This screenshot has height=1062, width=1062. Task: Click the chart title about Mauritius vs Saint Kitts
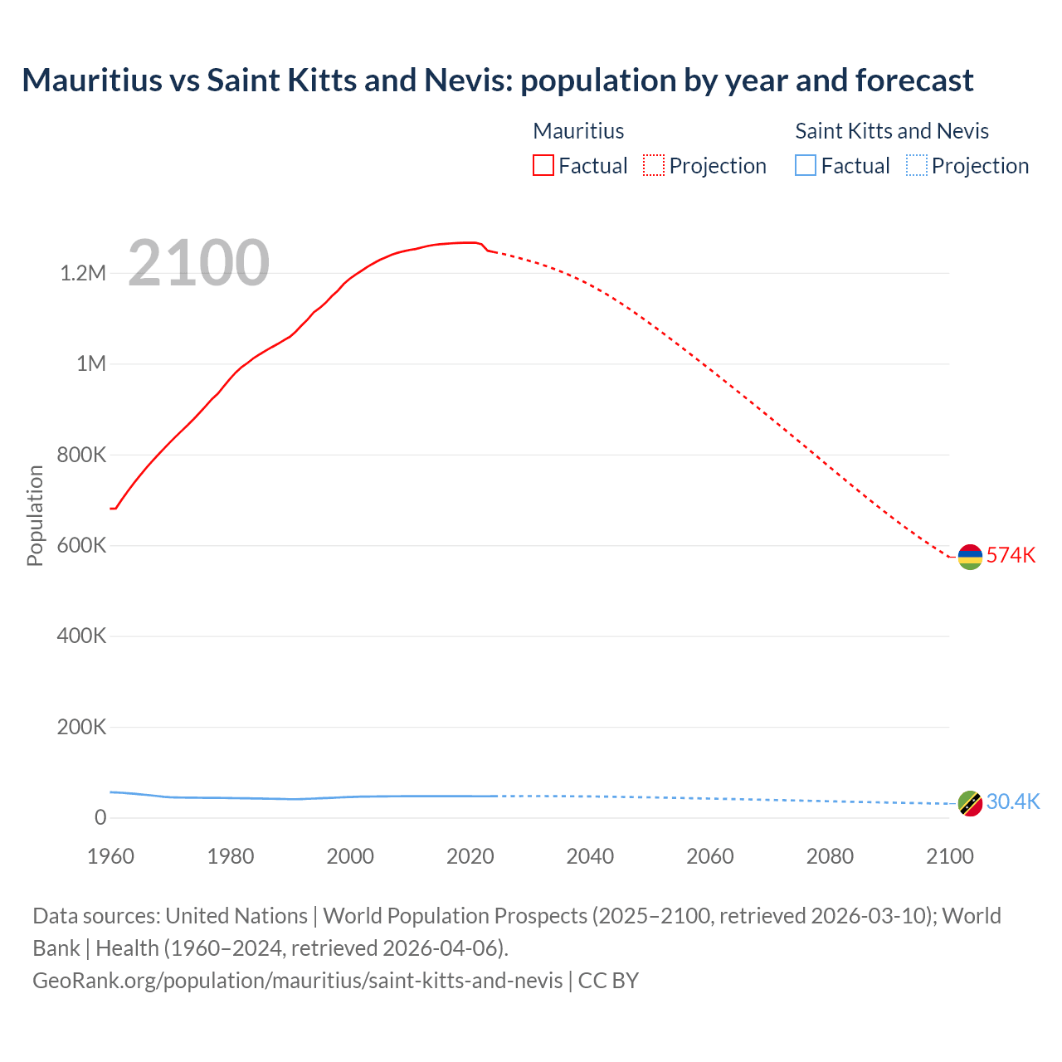[497, 80]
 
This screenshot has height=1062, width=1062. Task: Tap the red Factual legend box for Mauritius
[543, 165]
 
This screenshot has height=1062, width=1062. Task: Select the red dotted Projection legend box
[653, 165]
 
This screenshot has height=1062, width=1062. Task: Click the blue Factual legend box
[805, 165]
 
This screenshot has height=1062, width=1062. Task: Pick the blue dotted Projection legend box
[916, 165]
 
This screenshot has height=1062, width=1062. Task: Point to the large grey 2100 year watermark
[198, 263]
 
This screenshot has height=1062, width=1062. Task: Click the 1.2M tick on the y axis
[83, 273]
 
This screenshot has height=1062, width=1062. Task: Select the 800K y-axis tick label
[82, 455]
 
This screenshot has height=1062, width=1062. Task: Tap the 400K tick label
[82, 636]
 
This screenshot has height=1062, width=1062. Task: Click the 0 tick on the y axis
[100, 817]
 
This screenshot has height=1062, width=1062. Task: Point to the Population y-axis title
[35, 515]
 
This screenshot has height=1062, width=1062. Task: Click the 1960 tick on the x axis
[110, 856]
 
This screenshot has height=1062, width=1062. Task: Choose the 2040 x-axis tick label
[590, 856]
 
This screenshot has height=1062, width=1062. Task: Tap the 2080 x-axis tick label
[830, 856]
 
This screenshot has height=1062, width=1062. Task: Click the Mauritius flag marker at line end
[970, 557]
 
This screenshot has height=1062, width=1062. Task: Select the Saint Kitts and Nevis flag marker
[970, 803]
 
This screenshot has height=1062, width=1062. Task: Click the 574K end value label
[1011, 555]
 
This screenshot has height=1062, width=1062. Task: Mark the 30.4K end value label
[1012, 801]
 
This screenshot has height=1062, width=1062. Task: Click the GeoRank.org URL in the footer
[298, 980]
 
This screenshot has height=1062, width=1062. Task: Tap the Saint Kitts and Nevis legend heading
[892, 131]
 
